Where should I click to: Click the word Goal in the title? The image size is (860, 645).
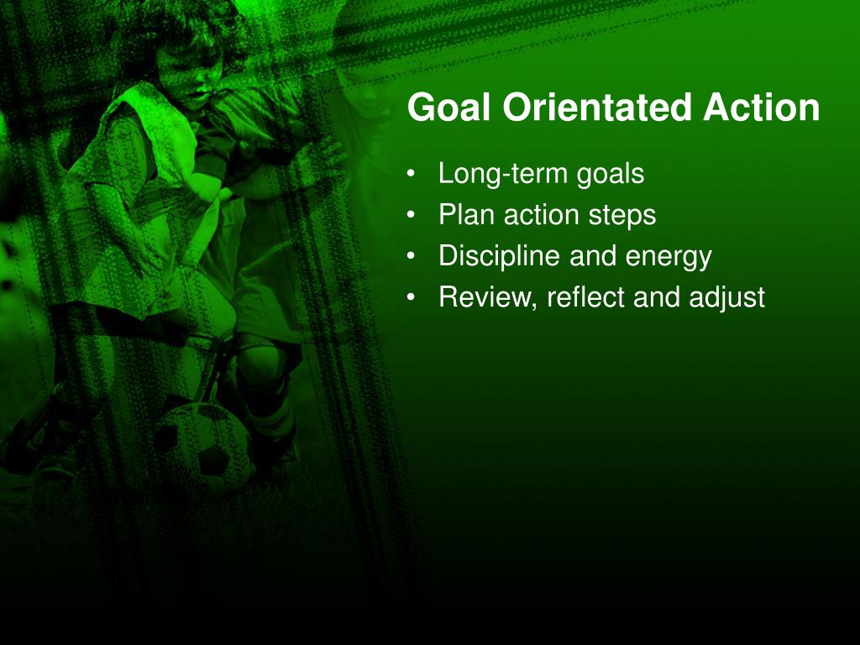tap(448, 107)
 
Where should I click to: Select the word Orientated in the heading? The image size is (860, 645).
tap(597, 107)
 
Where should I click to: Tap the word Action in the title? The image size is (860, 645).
tap(762, 107)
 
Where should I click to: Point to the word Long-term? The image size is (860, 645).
tap(502, 174)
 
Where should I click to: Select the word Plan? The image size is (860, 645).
tap(467, 214)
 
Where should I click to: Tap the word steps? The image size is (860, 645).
tap(622, 216)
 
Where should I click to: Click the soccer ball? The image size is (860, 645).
tap(204, 445)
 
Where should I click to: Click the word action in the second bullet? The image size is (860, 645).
tap(542, 215)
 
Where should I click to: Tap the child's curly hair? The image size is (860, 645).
tap(181, 28)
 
